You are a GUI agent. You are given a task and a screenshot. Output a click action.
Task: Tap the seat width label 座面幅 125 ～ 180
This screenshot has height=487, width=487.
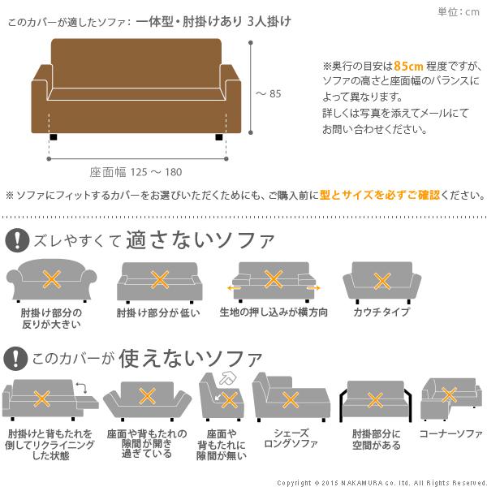pos(136,171)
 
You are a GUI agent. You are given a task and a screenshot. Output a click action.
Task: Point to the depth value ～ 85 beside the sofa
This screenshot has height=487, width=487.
pos(269,93)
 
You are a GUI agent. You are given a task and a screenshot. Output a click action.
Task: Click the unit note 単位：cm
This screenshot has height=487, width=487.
pos(459,11)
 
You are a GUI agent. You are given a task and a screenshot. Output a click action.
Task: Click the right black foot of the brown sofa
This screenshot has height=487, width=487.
pos(219,138)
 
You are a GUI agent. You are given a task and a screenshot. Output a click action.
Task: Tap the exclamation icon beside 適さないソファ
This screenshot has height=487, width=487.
pos(15,240)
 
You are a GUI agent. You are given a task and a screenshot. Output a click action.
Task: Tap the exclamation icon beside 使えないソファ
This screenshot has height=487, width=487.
pos(15,358)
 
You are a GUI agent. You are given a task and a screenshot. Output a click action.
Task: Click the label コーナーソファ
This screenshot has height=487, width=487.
pos(451,434)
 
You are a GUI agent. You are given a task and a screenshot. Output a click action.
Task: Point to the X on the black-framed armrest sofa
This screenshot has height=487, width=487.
pos(375,399)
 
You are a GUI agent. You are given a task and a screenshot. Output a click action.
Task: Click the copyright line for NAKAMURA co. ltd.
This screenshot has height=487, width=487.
pos(381,481)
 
